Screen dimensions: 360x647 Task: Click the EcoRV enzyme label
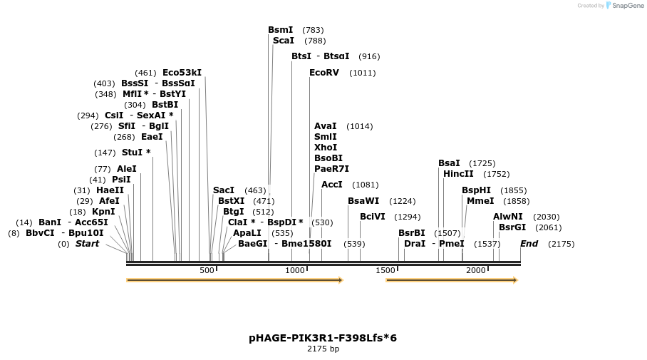click(x=324, y=73)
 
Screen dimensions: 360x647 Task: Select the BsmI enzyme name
click(x=280, y=30)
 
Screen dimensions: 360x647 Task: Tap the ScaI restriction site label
click(x=284, y=41)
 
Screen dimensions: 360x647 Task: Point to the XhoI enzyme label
click(x=326, y=148)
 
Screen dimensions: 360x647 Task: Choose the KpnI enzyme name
click(x=103, y=212)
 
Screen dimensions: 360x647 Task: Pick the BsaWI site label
click(x=363, y=201)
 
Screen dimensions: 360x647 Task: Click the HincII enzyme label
click(x=458, y=174)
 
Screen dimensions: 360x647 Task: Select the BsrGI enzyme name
click(x=512, y=227)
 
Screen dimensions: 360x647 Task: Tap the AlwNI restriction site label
click(x=508, y=217)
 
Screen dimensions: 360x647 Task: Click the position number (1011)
click(x=362, y=73)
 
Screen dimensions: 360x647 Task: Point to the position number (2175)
click(x=561, y=244)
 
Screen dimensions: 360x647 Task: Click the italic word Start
click(x=87, y=244)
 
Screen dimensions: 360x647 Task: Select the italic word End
click(x=529, y=244)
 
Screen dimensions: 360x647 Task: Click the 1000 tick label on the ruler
click(x=294, y=271)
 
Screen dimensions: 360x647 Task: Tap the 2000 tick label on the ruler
click(x=475, y=271)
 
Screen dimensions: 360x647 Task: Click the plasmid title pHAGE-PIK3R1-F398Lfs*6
click(x=323, y=337)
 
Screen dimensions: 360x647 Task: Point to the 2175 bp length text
click(x=323, y=349)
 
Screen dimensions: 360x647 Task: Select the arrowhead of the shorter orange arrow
click(x=514, y=280)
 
